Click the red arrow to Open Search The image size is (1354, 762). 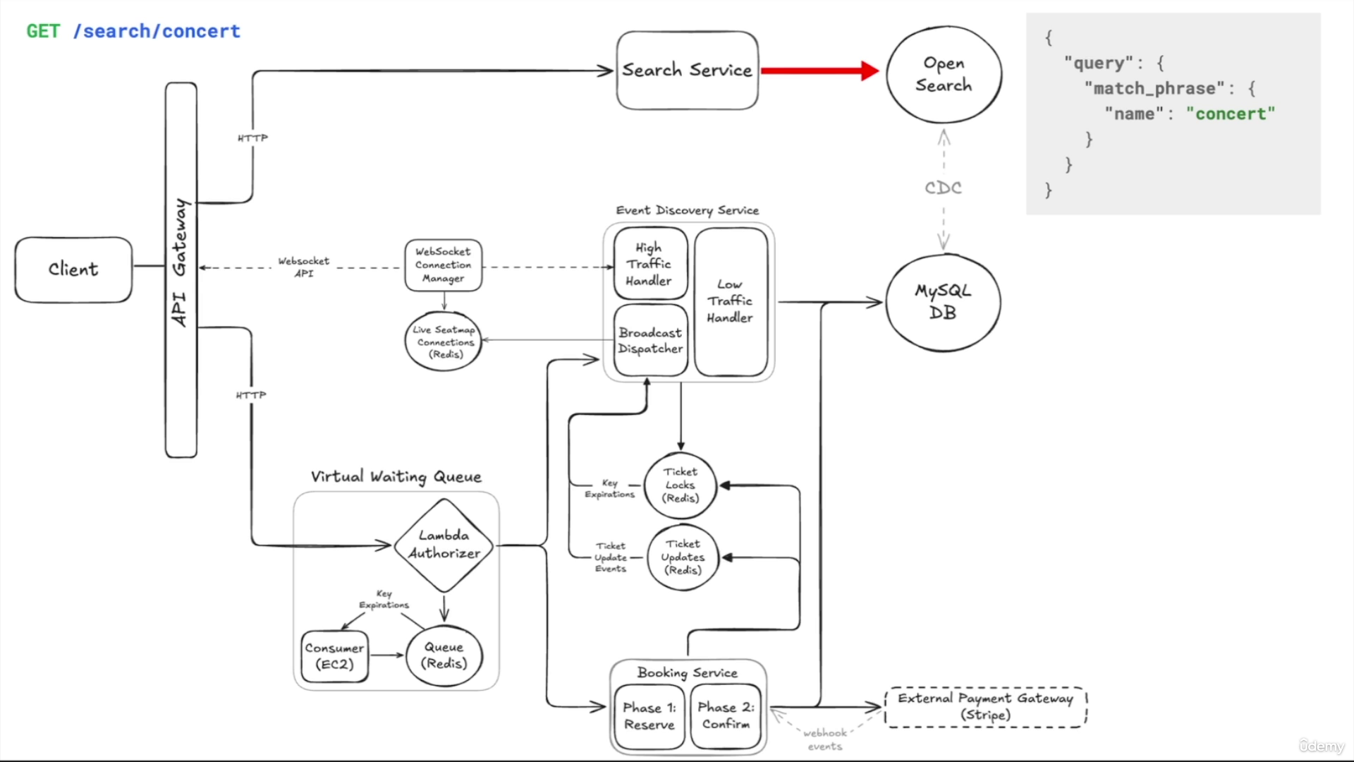pyautogui.click(x=820, y=71)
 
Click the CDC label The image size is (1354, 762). pyautogui.click(x=943, y=188)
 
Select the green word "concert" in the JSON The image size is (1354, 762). pyautogui.click(x=1231, y=114)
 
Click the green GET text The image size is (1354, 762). pyautogui.click(x=43, y=31)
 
